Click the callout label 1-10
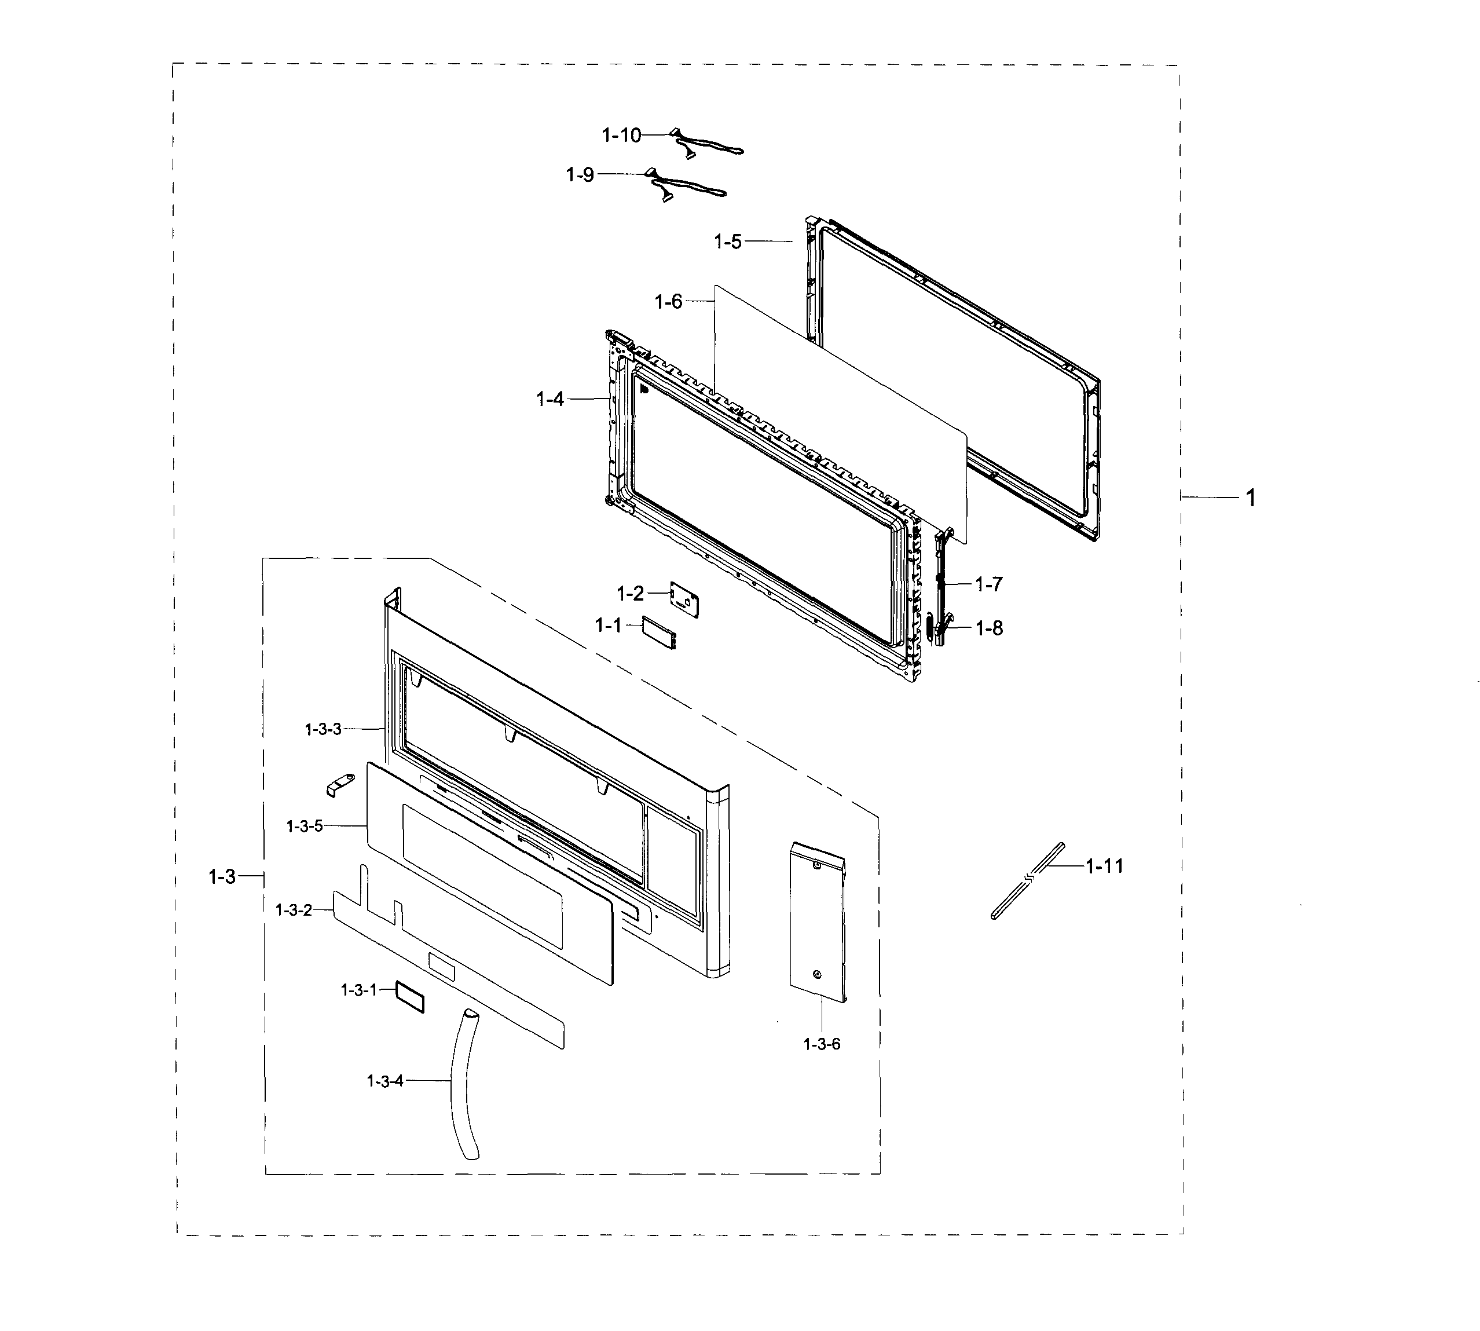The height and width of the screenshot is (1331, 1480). pyautogui.click(x=621, y=136)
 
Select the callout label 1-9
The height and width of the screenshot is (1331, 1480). pyautogui.click(x=580, y=175)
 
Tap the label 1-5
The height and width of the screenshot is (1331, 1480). pyautogui.click(x=728, y=242)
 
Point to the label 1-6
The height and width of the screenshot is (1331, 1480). pyautogui.click(x=668, y=301)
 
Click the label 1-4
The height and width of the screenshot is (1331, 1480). pyautogui.click(x=550, y=398)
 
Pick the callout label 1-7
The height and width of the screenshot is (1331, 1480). pyautogui.click(x=988, y=584)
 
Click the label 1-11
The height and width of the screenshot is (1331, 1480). pyautogui.click(x=1104, y=866)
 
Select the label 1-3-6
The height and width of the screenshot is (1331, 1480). pyautogui.click(x=822, y=1044)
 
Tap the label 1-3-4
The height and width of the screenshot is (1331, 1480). pyautogui.click(x=384, y=1081)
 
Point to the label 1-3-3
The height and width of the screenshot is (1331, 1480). pyautogui.click(x=323, y=729)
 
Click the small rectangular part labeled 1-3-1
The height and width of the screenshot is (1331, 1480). pyautogui.click(x=410, y=997)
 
